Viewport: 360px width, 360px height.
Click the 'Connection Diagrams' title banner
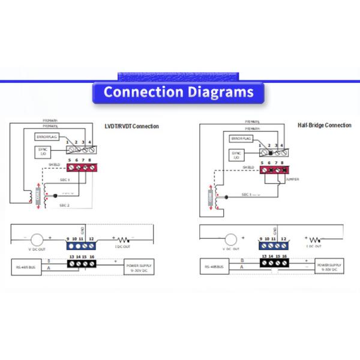pyautogui.click(x=178, y=92)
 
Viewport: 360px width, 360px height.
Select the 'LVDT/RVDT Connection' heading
pyautogui.click(x=131, y=126)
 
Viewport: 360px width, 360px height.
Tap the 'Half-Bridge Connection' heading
pyautogui.click(x=324, y=125)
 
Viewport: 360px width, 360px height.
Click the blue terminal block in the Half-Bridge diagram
pyautogui.click(x=273, y=246)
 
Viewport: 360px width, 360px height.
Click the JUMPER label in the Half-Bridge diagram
pyautogui.click(x=292, y=179)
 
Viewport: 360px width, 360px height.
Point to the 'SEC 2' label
pyautogui.click(x=64, y=205)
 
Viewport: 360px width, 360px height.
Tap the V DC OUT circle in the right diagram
pyautogui.click(x=230, y=239)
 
